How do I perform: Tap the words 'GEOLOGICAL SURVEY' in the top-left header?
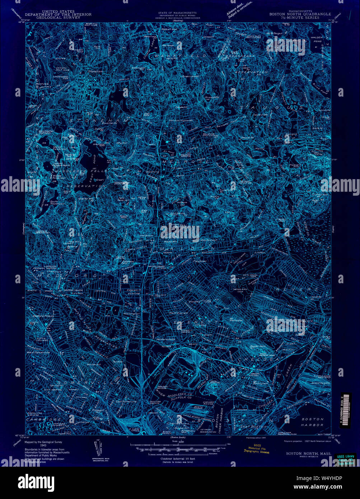[x=64, y=17]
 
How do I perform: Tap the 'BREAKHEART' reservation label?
[x=249, y=60]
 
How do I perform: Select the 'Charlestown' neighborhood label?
[x=174, y=424]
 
